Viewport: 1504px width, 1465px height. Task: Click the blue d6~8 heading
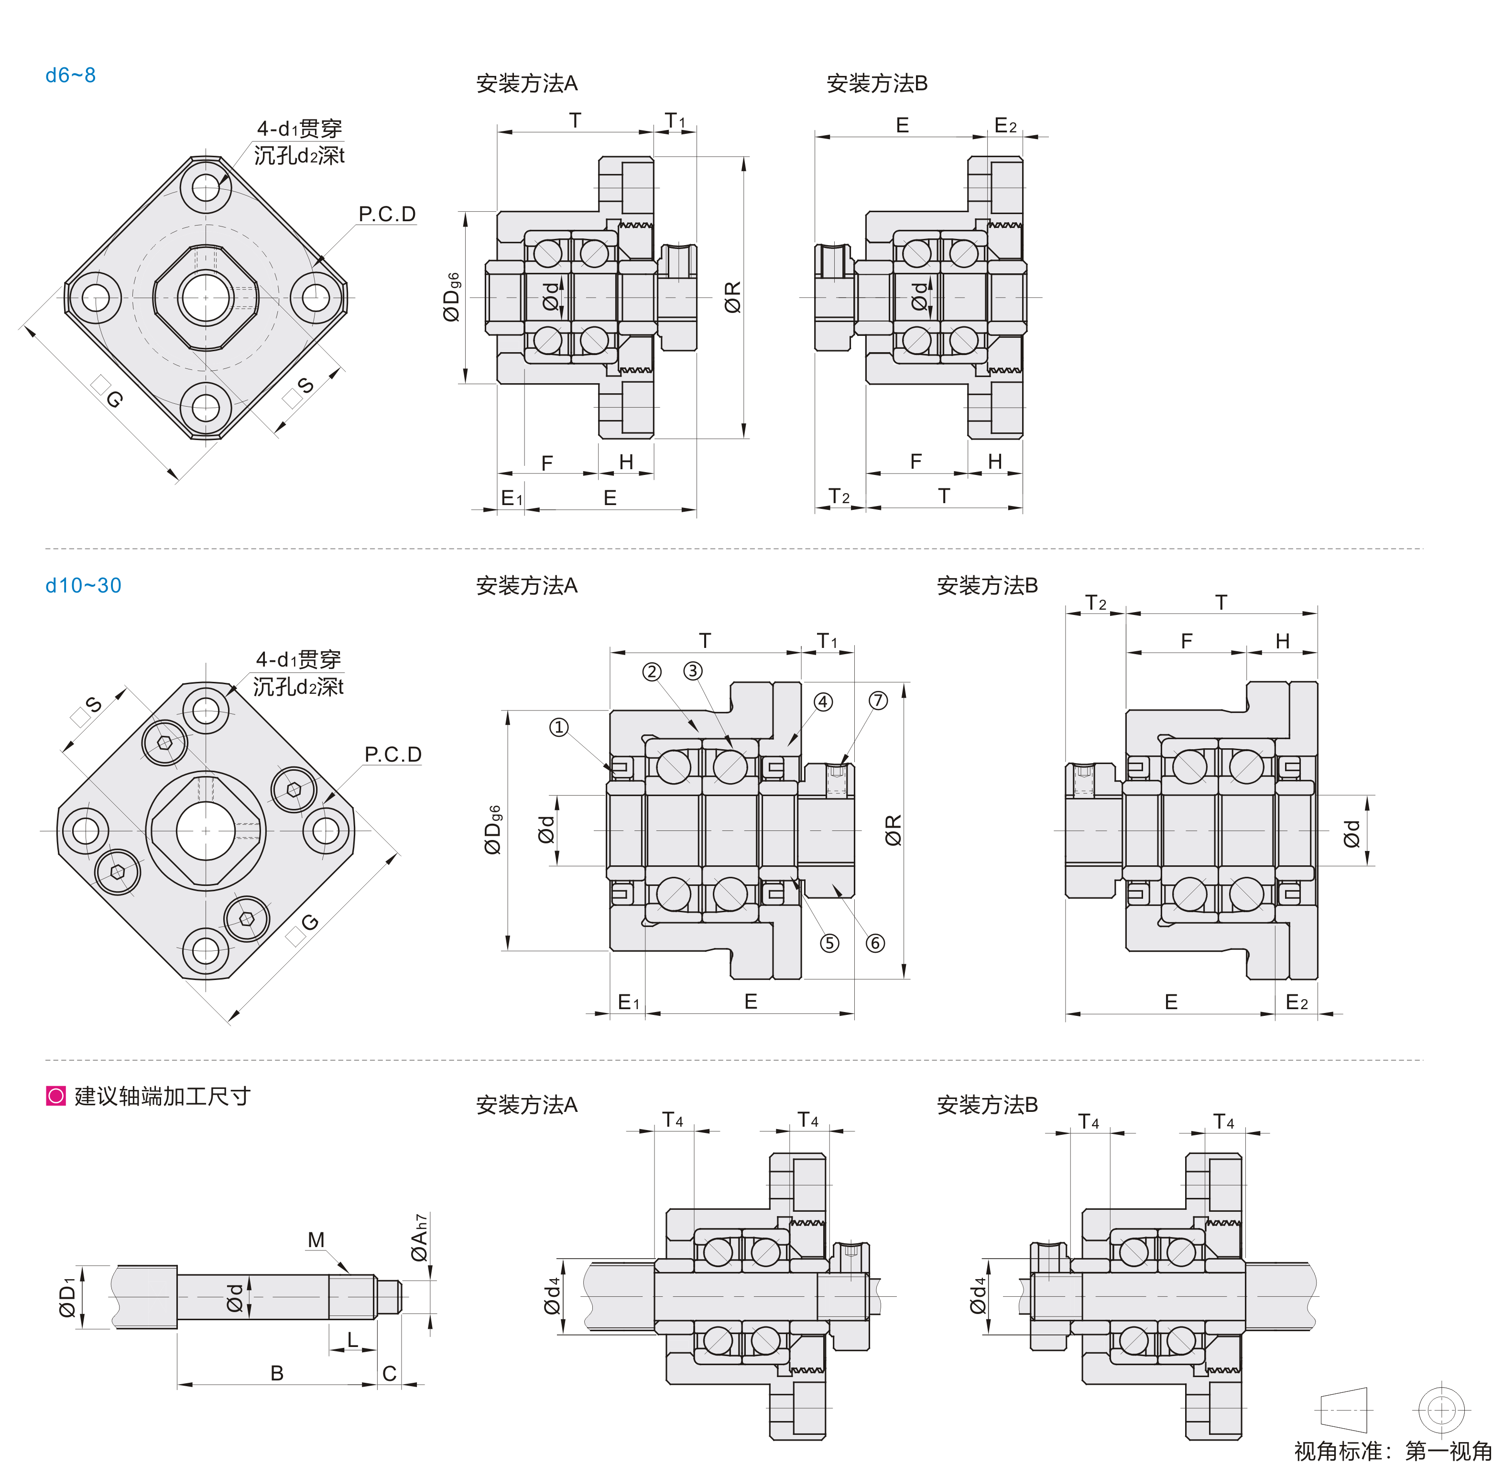[x=70, y=75]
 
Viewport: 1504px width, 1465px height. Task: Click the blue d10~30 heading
[x=83, y=585]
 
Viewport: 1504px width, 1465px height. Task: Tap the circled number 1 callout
[x=559, y=727]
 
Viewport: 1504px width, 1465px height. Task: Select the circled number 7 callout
[x=878, y=700]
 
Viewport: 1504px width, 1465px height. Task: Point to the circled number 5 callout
[x=829, y=943]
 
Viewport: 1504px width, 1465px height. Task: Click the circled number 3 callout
[x=693, y=671]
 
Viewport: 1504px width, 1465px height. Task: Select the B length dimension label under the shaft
[x=277, y=1373]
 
